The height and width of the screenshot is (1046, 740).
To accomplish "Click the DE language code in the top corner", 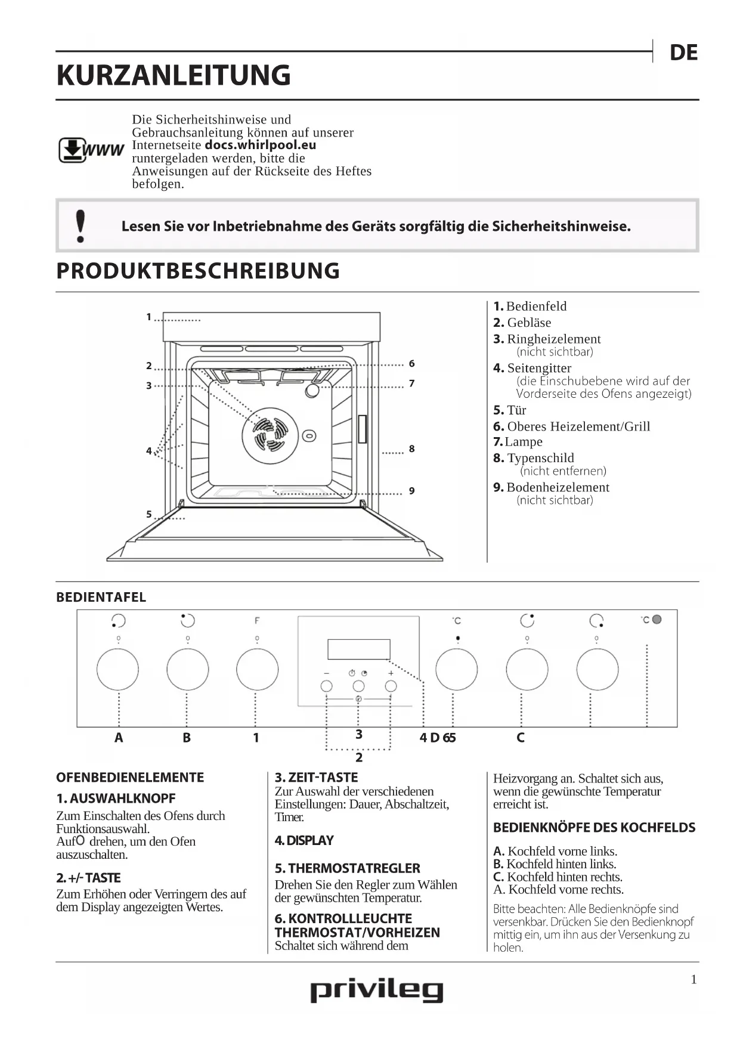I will pyautogui.click(x=683, y=52).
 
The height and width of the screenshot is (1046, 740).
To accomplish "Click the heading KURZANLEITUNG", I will pyautogui.click(x=174, y=76).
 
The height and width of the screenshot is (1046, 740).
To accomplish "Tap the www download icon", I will pyautogui.click(x=90, y=150).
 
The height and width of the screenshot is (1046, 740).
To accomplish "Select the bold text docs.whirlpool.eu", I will pyautogui.click(x=261, y=145).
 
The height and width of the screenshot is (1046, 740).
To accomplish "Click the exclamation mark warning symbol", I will pyautogui.click(x=80, y=226).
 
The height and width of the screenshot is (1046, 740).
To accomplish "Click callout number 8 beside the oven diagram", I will pyautogui.click(x=411, y=448).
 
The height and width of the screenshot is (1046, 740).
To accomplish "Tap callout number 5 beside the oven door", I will pyautogui.click(x=149, y=514).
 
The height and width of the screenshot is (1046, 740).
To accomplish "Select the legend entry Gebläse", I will pyautogui.click(x=528, y=323).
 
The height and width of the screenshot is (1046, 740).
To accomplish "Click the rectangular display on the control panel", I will pyautogui.click(x=358, y=649).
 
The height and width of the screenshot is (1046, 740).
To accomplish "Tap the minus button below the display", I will pyautogui.click(x=326, y=686).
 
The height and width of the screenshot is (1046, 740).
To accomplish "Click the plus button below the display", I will pyautogui.click(x=391, y=686).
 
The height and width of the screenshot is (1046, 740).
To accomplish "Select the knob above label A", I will pyautogui.click(x=118, y=669).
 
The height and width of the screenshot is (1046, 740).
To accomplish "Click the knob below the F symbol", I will pyautogui.click(x=257, y=669).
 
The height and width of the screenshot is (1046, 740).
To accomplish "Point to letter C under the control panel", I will pyautogui.click(x=520, y=738).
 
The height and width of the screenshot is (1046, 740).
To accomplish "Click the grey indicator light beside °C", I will pyautogui.click(x=657, y=620).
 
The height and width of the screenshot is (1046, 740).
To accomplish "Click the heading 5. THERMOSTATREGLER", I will pyautogui.click(x=347, y=868).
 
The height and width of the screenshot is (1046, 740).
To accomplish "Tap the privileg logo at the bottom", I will pyautogui.click(x=376, y=991).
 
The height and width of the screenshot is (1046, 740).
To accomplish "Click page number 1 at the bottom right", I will pyautogui.click(x=693, y=979).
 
